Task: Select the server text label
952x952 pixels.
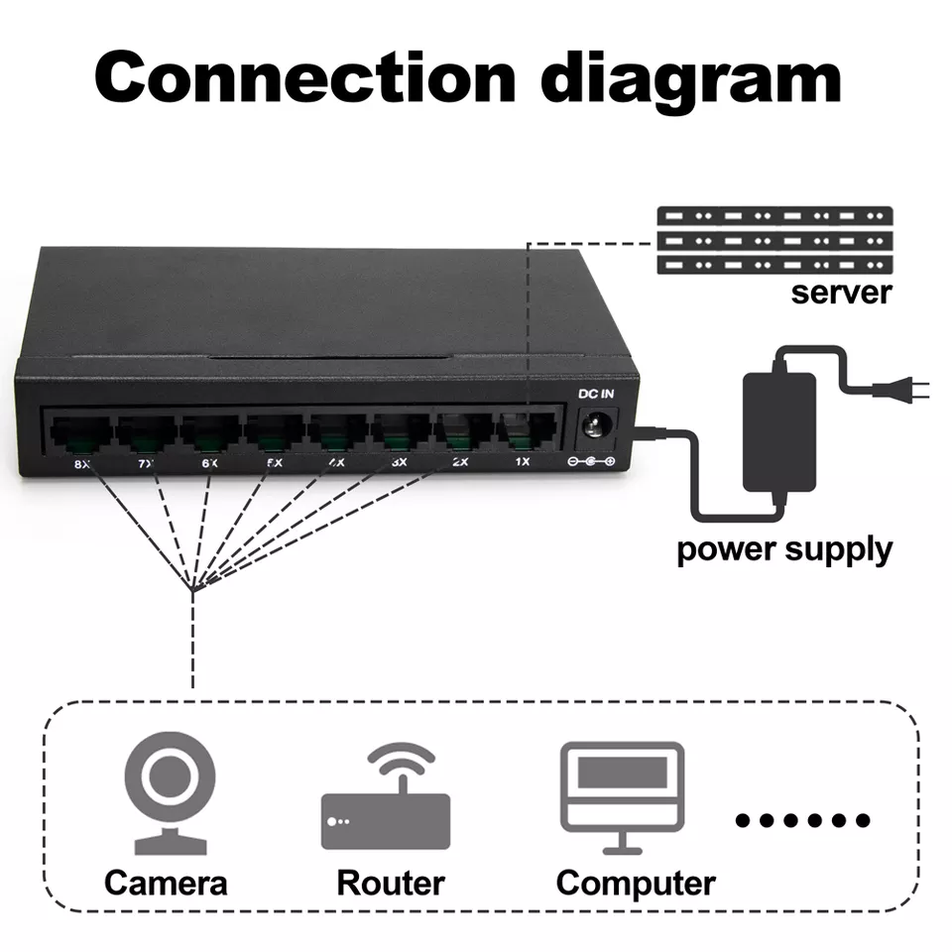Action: click(841, 293)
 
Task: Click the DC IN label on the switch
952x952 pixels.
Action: click(596, 394)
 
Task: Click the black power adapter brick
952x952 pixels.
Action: click(779, 431)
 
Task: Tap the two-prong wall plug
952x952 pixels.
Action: click(907, 389)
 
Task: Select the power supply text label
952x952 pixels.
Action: click(783, 548)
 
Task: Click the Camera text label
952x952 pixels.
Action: click(166, 883)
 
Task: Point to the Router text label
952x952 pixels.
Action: click(390, 883)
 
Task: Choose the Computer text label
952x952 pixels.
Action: click(635, 883)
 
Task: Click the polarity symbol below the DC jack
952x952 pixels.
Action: click(590, 462)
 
